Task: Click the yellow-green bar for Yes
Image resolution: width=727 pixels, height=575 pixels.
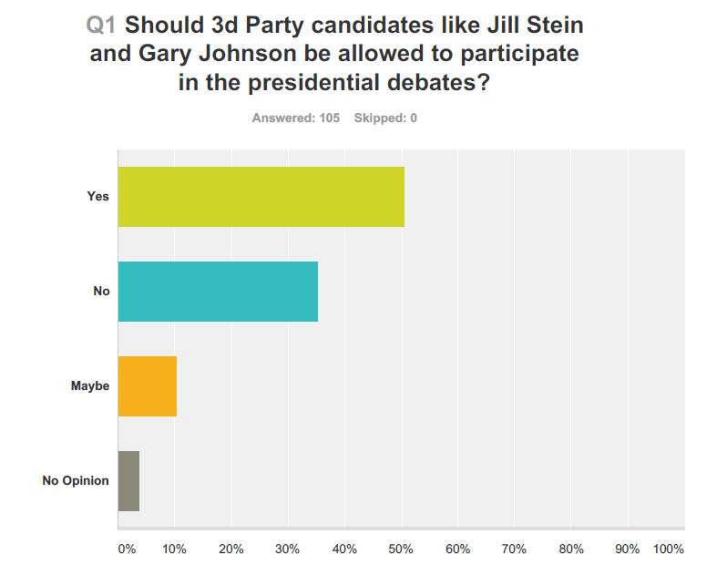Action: [x=261, y=197]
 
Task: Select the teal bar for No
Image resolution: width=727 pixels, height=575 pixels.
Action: [x=218, y=292]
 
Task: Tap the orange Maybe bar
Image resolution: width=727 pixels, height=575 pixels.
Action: [x=148, y=386]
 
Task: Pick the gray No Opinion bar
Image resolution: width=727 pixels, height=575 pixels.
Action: [x=128, y=480]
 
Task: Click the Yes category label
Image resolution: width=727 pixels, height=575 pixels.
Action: [x=97, y=197]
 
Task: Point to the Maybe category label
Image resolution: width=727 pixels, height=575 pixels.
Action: [x=90, y=386]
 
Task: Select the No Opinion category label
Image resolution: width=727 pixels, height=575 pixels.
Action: [x=76, y=480]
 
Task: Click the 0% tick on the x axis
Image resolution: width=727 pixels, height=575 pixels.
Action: [x=127, y=549]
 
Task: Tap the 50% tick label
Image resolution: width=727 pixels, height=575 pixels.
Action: [x=401, y=549]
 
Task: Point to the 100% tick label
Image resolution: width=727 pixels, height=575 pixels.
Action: [x=669, y=549]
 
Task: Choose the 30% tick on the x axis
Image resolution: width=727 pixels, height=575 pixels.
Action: [x=288, y=549]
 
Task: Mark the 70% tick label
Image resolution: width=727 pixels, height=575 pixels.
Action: [x=514, y=549]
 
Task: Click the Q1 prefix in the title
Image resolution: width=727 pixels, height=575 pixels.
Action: [x=101, y=25]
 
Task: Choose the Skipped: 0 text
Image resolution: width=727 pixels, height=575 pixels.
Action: [x=385, y=118]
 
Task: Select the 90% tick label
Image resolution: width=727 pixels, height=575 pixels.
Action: [x=627, y=549]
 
